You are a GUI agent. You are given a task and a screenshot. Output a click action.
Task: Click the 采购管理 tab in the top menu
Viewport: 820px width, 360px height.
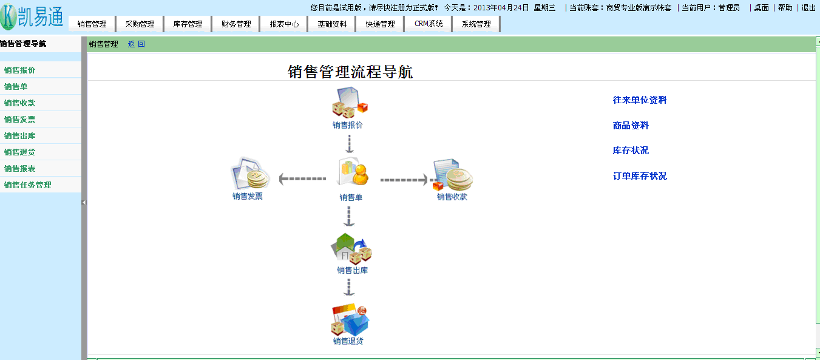[x=140, y=24]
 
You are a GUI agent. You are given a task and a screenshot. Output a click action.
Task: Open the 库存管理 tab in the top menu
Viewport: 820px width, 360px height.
[x=188, y=24]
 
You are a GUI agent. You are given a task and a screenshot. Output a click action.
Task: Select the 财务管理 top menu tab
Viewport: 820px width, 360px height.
[x=236, y=24]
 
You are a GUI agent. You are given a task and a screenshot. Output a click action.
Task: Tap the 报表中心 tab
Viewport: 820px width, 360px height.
[x=284, y=24]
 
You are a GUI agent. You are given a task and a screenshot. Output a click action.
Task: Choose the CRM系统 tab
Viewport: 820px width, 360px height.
[x=429, y=24]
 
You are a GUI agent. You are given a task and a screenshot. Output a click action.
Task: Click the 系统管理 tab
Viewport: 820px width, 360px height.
[x=476, y=24]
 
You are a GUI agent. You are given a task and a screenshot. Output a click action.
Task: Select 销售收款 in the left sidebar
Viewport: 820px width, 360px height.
[x=20, y=103]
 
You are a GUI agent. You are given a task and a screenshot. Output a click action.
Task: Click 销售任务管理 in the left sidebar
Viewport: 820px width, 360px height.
[x=28, y=185]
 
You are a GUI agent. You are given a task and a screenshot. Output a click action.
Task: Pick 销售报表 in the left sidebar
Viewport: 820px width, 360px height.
[x=20, y=169]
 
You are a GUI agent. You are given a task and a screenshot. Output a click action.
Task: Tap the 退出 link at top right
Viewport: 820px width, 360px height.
[x=808, y=8]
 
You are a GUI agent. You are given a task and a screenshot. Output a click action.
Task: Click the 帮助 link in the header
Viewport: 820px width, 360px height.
[x=785, y=8]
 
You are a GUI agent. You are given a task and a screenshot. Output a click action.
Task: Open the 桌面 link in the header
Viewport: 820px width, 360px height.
[x=761, y=8]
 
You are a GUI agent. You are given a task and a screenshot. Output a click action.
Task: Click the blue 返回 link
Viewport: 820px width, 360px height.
[x=137, y=44]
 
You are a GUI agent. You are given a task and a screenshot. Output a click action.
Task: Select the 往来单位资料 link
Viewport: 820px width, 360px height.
[x=640, y=100]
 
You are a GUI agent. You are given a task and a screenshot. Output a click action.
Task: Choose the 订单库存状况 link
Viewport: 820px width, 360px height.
[x=640, y=176]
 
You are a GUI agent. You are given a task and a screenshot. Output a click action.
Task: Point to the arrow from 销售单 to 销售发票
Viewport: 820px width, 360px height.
[x=302, y=179]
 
